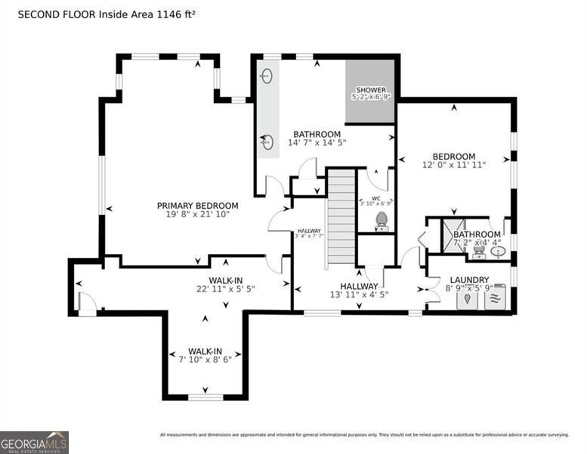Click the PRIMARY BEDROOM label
pyautogui.click(x=197, y=205)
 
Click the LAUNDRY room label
pyautogui.click(x=469, y=279)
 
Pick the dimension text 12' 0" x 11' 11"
pyautogui.click(x=454, y=164)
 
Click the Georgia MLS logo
pyautogui.click(x=34, y=442)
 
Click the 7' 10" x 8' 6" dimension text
pyautogui.click(x=205, y=359)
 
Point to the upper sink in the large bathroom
pyautogui.click(x=267, y=76)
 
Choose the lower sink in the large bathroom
pyautogui.click(x=267, y=141)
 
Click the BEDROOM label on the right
pyautogui.click(x=454, y=156)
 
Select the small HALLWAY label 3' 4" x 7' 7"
pyautogui.click(x=309, y=232)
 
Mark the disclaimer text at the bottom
pyautogui.click(x=364, y=435)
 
